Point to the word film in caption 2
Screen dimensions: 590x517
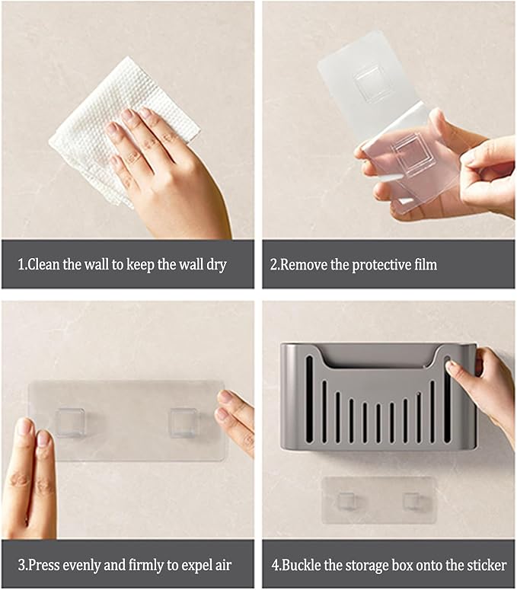coord(423,265)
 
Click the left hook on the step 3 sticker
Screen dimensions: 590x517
coord(70,422)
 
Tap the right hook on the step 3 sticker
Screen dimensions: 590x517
coord(183,422)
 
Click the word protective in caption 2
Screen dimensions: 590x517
coord(369,265)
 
